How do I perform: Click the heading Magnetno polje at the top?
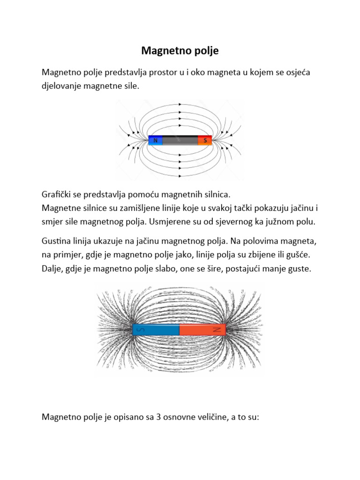[x=180, y=51]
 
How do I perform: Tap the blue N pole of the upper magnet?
[x=155, y=140]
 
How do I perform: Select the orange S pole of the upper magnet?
[x=205, y=140]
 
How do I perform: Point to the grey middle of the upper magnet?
[x=180, y=140]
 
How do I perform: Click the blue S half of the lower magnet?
[x=156, y=330]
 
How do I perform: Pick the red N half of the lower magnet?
[x=202, y=330]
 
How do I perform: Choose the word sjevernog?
[x=251, y=221]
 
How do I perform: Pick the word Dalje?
[x=52, y=270]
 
